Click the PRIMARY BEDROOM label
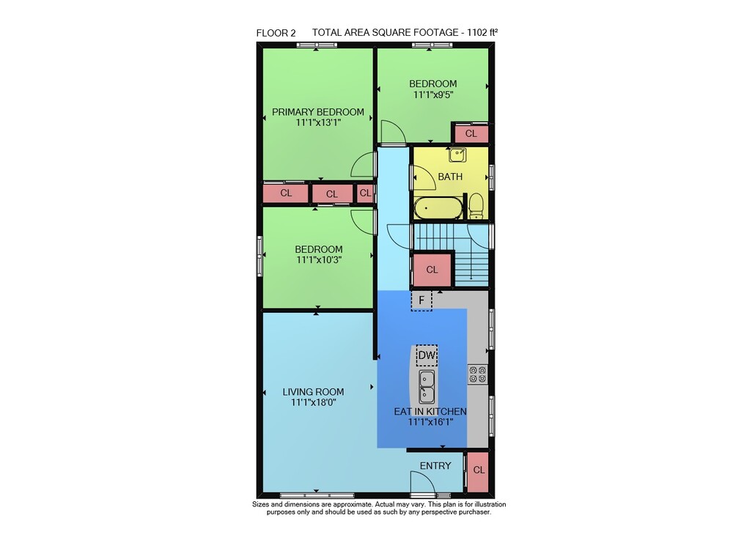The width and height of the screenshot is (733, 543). pyautogui.click(x=318, y=112)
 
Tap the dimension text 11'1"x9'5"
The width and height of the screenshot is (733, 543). pyautogui.click(x=433, y=95)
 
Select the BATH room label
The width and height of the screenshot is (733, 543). pyautogui.click(x=450, y=177)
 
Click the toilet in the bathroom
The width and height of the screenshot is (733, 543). pyautogui.click(x=476, y=206)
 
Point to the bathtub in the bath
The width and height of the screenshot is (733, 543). pyautogui.click(x=438, y=208)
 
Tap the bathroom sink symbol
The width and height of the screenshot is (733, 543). pyautogui.click(x=457, y=154)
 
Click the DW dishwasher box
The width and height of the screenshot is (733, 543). pyautogui.click(x=427, y=355)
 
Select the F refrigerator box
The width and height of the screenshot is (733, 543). pyautogui.click(x=421, y=300)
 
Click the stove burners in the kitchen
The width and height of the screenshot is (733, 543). pyautogui.click(x=478, y=374)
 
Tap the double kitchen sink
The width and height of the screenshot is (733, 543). pyautogui.click(x=427, y=387)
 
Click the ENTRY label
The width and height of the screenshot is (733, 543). pyautogui.click(x=435, y=466)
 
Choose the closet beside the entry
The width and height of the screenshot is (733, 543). pyautogui.click(x=478, y=471)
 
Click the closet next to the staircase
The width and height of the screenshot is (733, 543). pyautogui.click(x=432, y=270)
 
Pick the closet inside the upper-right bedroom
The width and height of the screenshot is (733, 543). pyautogui.click(x=471, y=133)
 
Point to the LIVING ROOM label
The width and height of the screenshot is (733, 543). pyautogui.click(x=313, y=392)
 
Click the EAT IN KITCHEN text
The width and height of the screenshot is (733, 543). pyautogui.click(x=430, y=412)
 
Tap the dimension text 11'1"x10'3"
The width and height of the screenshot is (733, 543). pyautogui.click(x=319, y=260)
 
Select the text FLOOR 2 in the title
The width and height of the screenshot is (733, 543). pyautogui.click(x=276, y=33)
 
